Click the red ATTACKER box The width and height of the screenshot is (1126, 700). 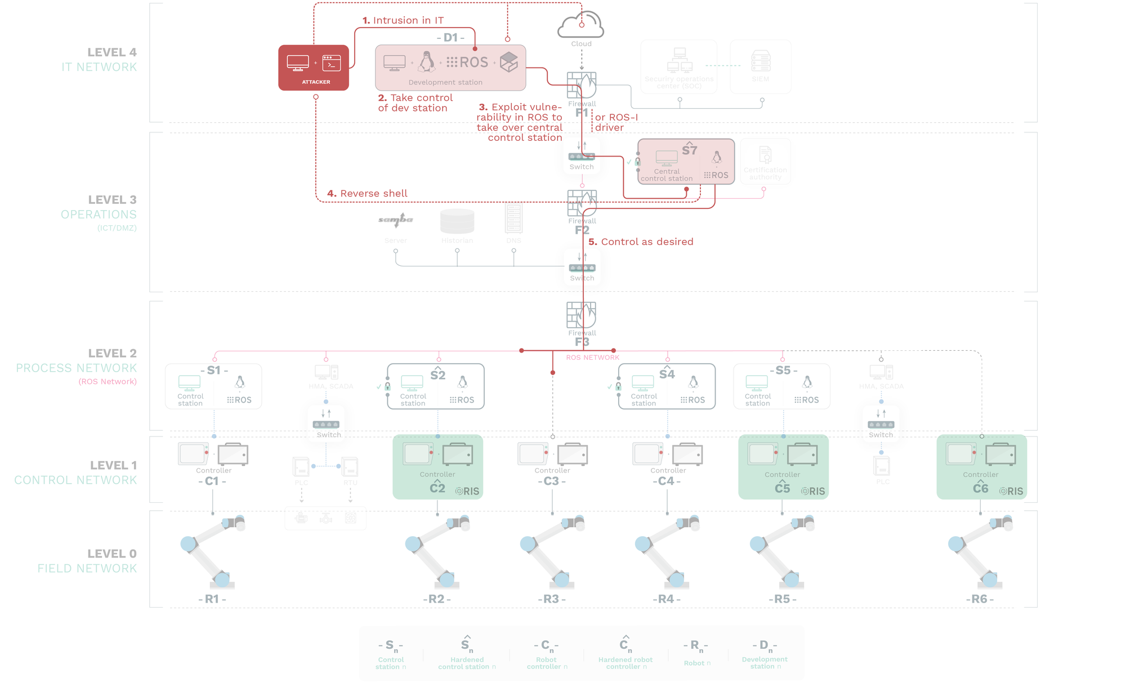coord(313,68)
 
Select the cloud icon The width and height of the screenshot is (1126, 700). coord(581,25)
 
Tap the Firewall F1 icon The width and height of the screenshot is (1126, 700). coord(582,85)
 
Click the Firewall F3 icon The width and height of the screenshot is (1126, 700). coord(582,315)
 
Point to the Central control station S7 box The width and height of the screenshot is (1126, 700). coord(686,162)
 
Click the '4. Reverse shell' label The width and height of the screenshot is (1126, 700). coord(367,194)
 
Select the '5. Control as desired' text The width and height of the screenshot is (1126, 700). coord(641,242)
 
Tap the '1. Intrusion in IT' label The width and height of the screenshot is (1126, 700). coord(403,20)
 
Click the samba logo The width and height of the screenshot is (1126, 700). coord(396,219)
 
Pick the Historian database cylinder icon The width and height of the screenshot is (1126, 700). coord(457,221)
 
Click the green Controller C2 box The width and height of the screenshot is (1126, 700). coord(437,467)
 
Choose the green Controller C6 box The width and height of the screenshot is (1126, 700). coord(981,467)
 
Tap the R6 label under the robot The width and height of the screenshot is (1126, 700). coord(980,599)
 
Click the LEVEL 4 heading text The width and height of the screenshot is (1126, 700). coord(111,52)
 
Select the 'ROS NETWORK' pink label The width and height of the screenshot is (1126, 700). coord(592,358)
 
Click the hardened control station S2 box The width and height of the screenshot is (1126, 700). coord(436,386)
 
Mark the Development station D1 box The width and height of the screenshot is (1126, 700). coord(450,68)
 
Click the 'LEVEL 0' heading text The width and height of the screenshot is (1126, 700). coord(111,554)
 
